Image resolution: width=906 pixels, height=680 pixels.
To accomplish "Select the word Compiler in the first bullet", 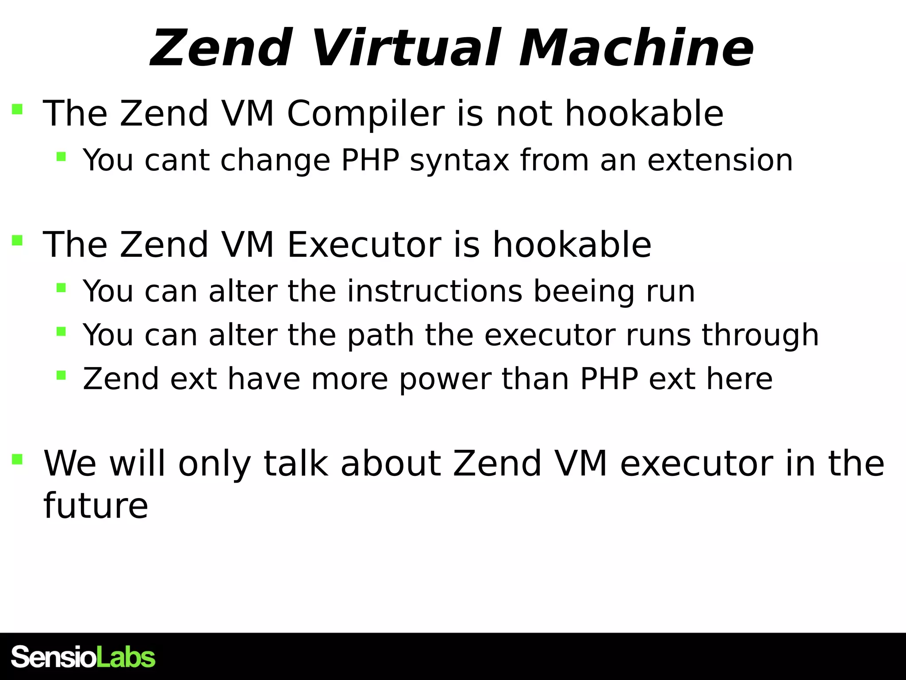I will click(365, 114).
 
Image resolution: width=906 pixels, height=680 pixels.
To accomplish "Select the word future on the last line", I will click(96, 506).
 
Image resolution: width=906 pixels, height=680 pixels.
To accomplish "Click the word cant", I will click(177, 160).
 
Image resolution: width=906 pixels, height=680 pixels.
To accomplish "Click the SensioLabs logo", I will click(83, 657).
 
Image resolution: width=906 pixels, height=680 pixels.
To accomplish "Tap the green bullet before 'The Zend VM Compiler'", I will click(17, 109).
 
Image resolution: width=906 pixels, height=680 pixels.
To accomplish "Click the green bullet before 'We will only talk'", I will click(17, 459).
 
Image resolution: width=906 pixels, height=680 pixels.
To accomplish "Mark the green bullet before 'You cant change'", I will click(61, 157).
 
